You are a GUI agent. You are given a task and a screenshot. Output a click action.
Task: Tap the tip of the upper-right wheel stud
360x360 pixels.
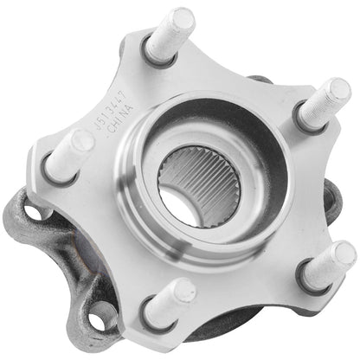click(x=337, y=90)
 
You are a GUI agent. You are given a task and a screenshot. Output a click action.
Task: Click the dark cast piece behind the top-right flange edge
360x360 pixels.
click(x=260, y=80)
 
